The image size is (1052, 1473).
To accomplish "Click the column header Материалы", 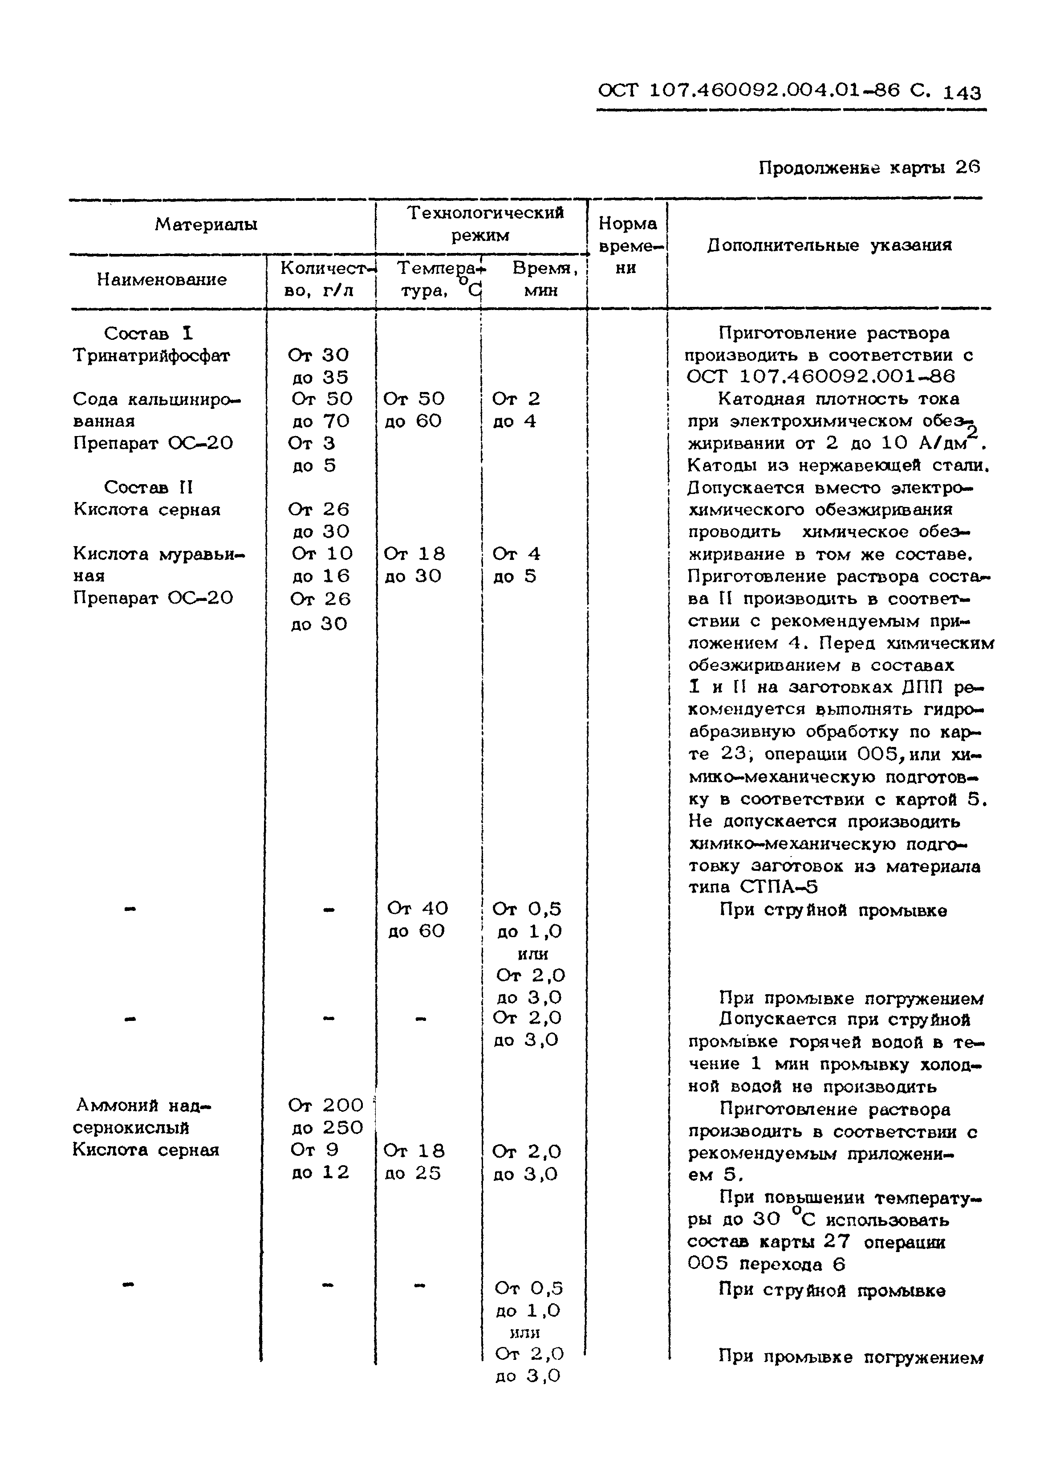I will (x=206, y=225).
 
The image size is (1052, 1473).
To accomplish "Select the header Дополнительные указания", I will (x=829, y=245).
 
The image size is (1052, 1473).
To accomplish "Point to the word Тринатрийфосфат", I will (x=151, y=356).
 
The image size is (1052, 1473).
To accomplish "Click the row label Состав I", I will (x=148, y=333).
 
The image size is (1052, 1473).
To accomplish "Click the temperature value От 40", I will (x=417, y=909).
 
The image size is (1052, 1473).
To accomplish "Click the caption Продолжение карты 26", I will (x=869, y=168).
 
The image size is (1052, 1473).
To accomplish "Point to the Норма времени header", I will (x=627, y=245).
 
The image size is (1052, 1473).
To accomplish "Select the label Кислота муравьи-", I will (x=158, y=554).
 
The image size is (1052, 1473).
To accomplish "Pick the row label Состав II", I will (x=148, y=487).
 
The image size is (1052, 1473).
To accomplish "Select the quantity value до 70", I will (x=321, y=422).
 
